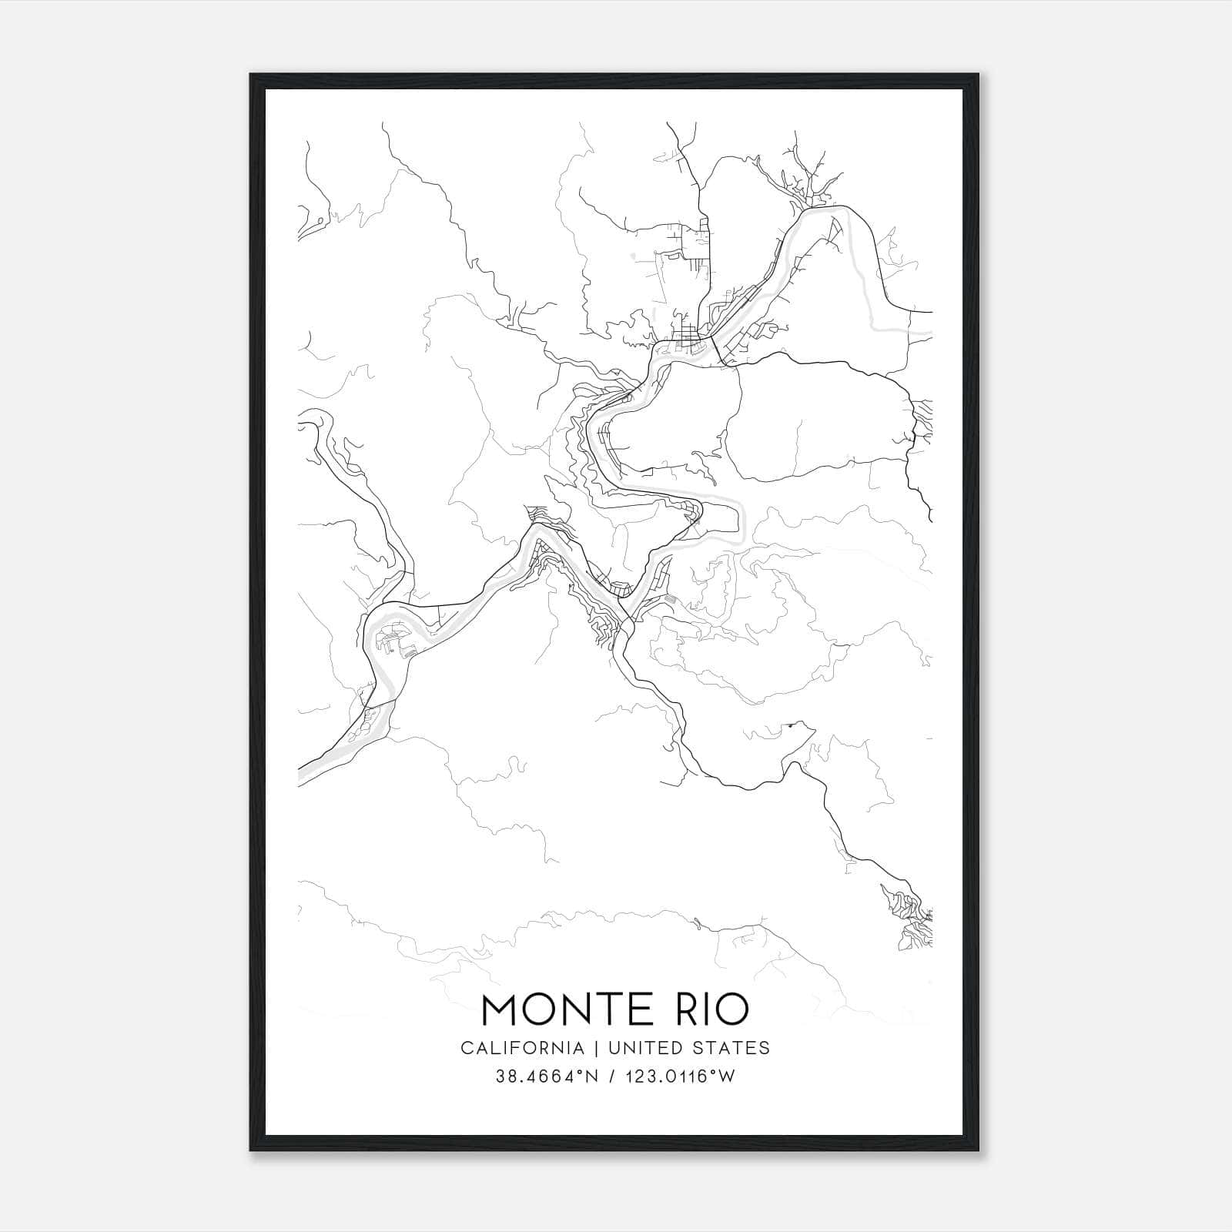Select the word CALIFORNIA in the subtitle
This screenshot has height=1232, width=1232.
tap(522, 1048)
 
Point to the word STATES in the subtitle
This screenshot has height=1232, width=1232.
tap(731, 1048)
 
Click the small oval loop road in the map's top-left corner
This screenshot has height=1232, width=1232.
tap(315, 224)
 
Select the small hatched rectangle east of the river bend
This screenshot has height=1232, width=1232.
tap(671, 598)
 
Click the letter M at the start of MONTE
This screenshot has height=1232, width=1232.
tap(500, 1010)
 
